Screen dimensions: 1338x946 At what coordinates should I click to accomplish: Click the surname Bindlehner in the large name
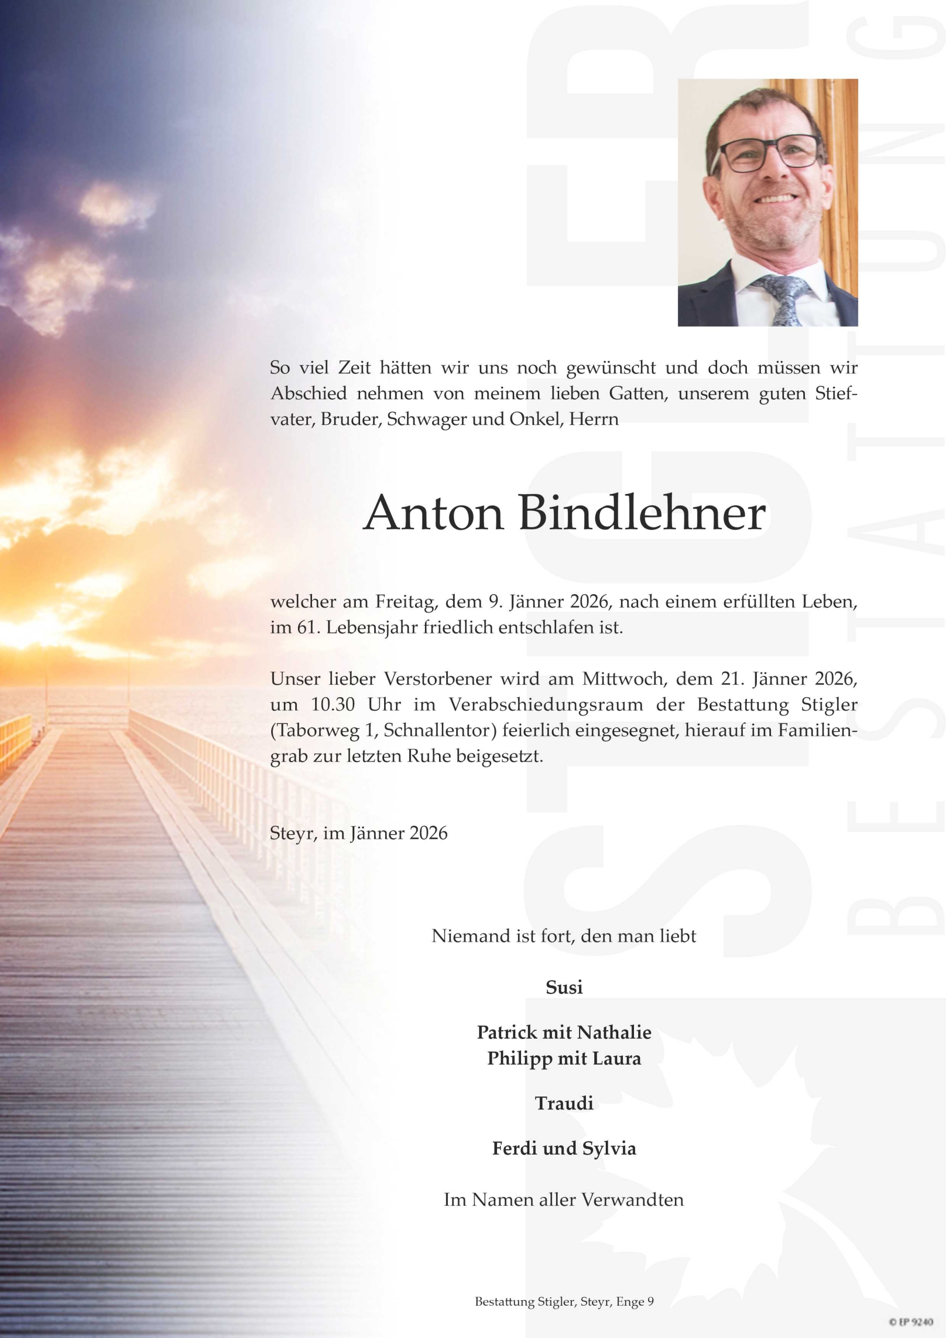click(642, 513)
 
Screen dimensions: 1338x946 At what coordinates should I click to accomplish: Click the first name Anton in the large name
click(434, 513)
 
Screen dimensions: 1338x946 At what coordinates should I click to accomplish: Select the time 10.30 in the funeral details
click(333, 705)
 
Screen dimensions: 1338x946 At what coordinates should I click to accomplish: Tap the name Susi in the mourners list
click(563, 987)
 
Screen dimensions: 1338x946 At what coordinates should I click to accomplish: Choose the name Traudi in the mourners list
click(563, 1103)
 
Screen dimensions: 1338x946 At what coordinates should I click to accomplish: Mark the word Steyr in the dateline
click(293, 833)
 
